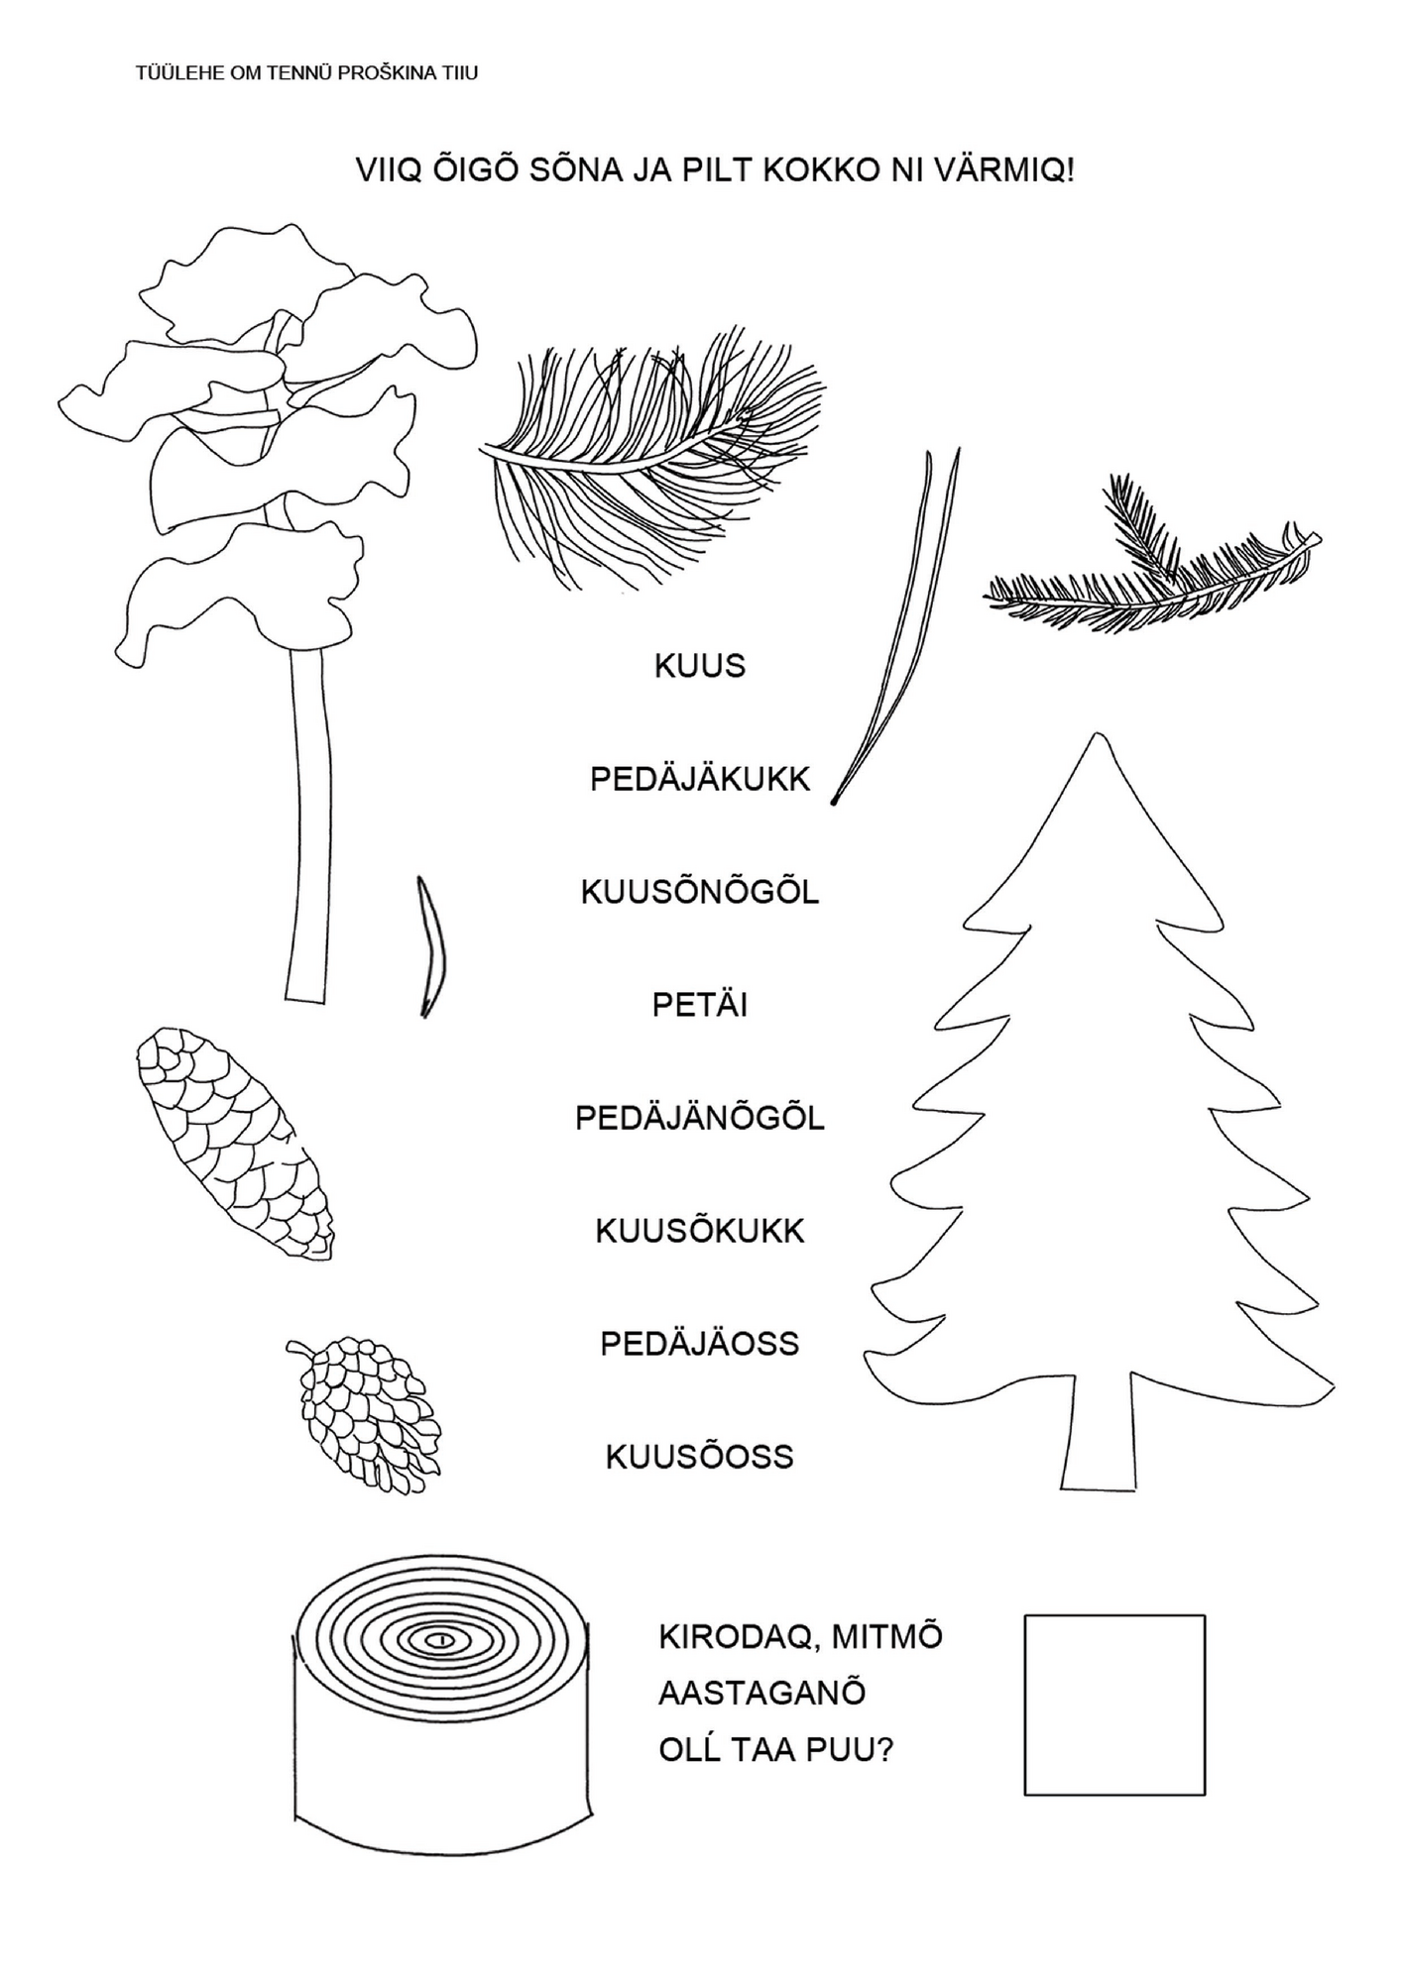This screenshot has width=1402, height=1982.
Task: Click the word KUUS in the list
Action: click(x=699, y=666)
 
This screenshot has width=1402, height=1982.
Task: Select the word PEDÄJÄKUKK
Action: click(x=700, y=780)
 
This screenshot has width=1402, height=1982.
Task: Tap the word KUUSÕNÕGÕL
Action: click(x=700, y=893)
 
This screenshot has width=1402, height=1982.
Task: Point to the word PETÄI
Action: click(x=699, y=1006)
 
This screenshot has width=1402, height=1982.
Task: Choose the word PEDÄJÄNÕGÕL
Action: click(x=700, y=1119)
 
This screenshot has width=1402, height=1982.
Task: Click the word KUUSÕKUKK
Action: click(x=700, y=1232)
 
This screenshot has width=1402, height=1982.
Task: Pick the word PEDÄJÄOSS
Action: click(x=700, y=1345)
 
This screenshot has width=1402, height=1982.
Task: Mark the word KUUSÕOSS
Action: click(x=700, y=1458)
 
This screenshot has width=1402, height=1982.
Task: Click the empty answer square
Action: click(x=1113, y=1705)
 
